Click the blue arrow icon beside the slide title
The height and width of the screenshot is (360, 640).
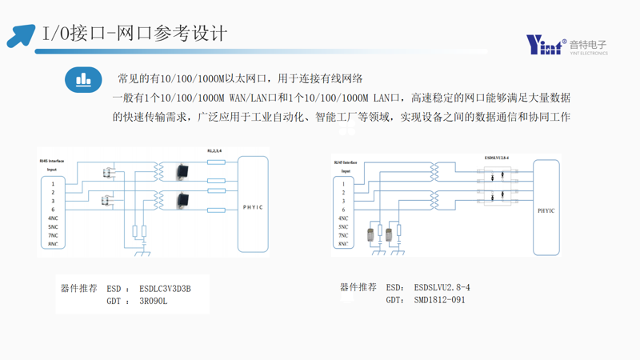pos(22,35)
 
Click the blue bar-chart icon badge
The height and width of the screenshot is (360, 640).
pos(83,80)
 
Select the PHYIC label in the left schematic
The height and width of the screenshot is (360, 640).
pos(252,207)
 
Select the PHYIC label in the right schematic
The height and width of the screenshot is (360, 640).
pos(546,211)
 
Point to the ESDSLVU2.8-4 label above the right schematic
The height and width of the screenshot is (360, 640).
pos(497,158)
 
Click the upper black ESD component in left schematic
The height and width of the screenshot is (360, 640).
pos(182,170)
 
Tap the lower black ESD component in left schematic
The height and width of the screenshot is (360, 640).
pos(182,199)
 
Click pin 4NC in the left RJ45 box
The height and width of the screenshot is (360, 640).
pos(53,218)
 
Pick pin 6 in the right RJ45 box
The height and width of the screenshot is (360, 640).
pos(343,210)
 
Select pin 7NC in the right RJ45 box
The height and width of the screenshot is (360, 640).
pos(343,235)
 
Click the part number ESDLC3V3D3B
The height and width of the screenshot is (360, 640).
pos(165,289)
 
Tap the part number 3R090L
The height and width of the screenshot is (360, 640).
pos(153,302)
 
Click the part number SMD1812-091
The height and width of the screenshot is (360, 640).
pos(439,300)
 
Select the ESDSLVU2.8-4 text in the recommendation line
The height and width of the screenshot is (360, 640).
pos(442,287)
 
